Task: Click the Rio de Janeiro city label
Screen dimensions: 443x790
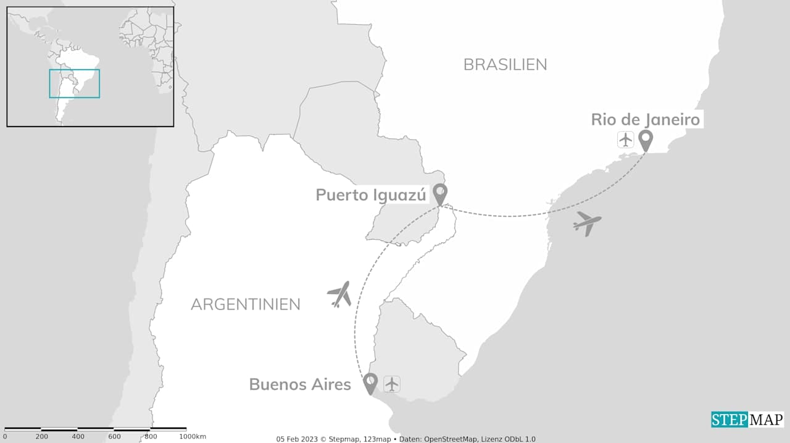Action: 645,119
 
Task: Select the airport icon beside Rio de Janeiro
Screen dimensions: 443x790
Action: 626,140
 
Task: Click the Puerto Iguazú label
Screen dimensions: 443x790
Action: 371,195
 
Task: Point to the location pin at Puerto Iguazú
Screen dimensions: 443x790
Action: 439,193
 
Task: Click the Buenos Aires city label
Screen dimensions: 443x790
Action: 300,384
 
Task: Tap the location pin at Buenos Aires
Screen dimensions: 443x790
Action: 370,382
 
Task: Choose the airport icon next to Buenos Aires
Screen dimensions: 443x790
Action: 392,384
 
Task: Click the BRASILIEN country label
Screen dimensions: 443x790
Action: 505,64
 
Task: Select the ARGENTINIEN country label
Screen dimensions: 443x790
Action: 245,304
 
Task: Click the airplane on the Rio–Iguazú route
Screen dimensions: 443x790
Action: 586,223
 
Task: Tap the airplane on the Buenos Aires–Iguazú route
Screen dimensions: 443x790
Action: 339,294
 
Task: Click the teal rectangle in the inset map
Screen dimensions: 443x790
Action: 75,83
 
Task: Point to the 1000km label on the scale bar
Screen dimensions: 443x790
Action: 193,437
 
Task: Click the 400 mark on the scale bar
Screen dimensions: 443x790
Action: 78,437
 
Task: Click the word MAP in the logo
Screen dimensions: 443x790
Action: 765,420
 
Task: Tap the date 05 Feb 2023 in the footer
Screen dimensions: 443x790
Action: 298,439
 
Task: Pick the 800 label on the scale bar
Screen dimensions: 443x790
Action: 150,437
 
